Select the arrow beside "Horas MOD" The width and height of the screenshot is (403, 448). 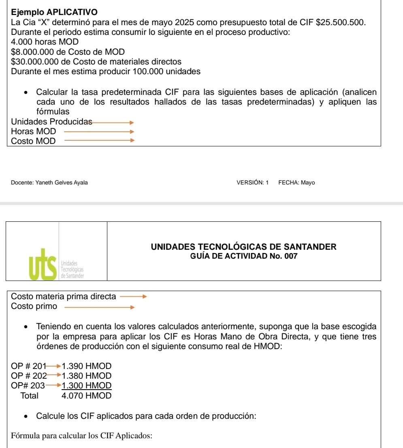pyautogui.click(x=99, y=131)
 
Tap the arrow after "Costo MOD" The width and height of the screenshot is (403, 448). pyautogui.click(x=99, y=141)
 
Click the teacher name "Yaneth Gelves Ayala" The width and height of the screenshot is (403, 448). pyautogui.click(x=61, y=182)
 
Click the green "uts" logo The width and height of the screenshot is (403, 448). pyautogui.click(x=43, y=263)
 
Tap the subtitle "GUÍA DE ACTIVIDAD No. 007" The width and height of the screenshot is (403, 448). pyautogui.click(x=244, y=256)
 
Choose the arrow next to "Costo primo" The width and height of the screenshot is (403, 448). pyautogui.click(x=99, y=307)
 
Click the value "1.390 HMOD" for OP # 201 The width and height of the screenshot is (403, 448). pyautogui.click(x=86, y=366)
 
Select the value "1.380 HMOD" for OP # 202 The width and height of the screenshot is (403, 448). pyautogui.click(x=86, y=376)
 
